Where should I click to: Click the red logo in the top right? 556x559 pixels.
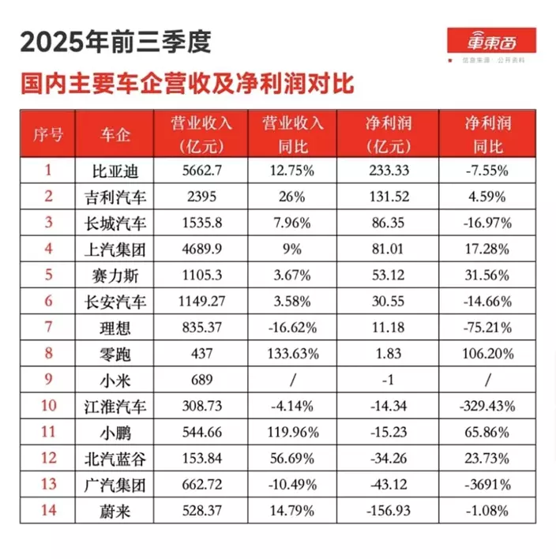coord(491,41)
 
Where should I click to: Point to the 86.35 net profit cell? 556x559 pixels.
coord(388,222)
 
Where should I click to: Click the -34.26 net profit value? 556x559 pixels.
coord(388,459)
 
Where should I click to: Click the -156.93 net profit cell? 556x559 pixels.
coord(388,512)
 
